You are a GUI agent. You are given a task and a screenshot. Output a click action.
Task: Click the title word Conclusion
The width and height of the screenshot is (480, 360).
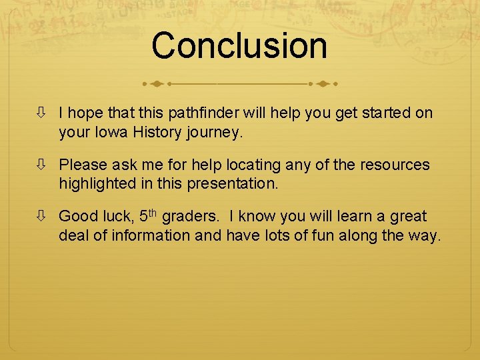pyautogui.click(x=239, y=45)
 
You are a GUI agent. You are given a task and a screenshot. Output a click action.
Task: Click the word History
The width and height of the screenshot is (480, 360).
pyautogui.click(x=153, y=132)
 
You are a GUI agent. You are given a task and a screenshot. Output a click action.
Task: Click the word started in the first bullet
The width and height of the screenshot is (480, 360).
pyautogui.click(x=387, y=113)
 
